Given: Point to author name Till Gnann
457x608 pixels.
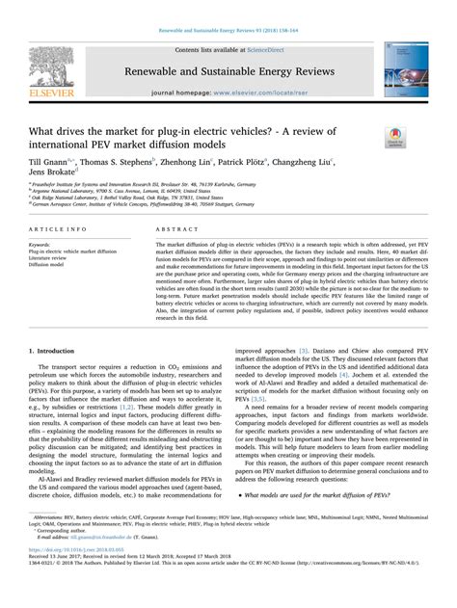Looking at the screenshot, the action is tap(51, 162).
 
